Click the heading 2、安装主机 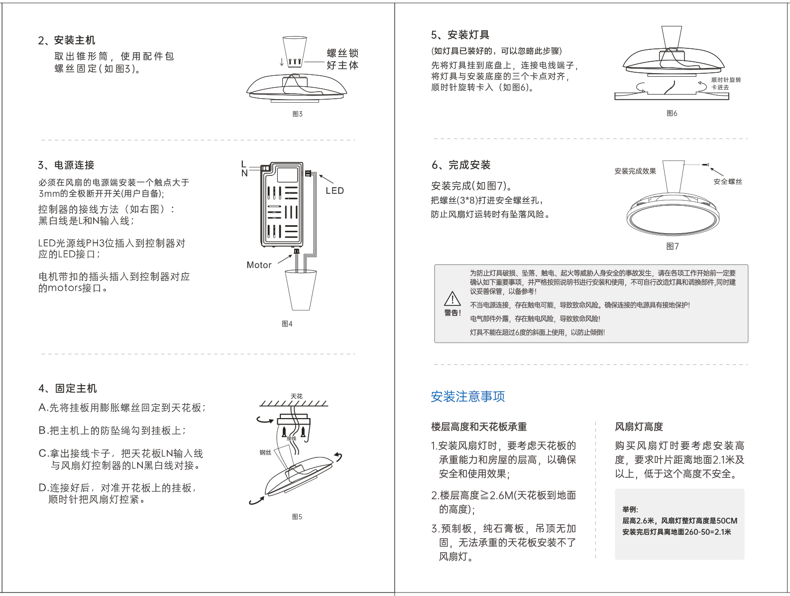click(x=67, y=40)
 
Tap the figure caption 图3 click(x=297, y=114)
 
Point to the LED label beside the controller click(x=335, y=191)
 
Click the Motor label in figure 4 click(x=259, y=265)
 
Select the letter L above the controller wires click(x=243, y=164)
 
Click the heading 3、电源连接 click(x=66, y=165)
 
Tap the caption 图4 click(x=287, y=324)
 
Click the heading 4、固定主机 click(x=68, y=388)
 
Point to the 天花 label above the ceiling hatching click(x=296, y=396)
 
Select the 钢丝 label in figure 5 click(x=265, y=452)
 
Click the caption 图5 click(x=297, y=517)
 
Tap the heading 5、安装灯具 click(x=460, y=35)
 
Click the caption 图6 click(x=672, y=114)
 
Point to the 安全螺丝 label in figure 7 click(x=727, y=182)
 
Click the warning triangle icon click(x=452, y=298)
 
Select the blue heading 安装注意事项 click(x=467, y=397)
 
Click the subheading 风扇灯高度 click(x=639, y=427)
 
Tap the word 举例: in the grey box click(x=630, y=509)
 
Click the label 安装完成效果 click(x=635, y=171)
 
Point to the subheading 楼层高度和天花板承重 click(x=478, y=427)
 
